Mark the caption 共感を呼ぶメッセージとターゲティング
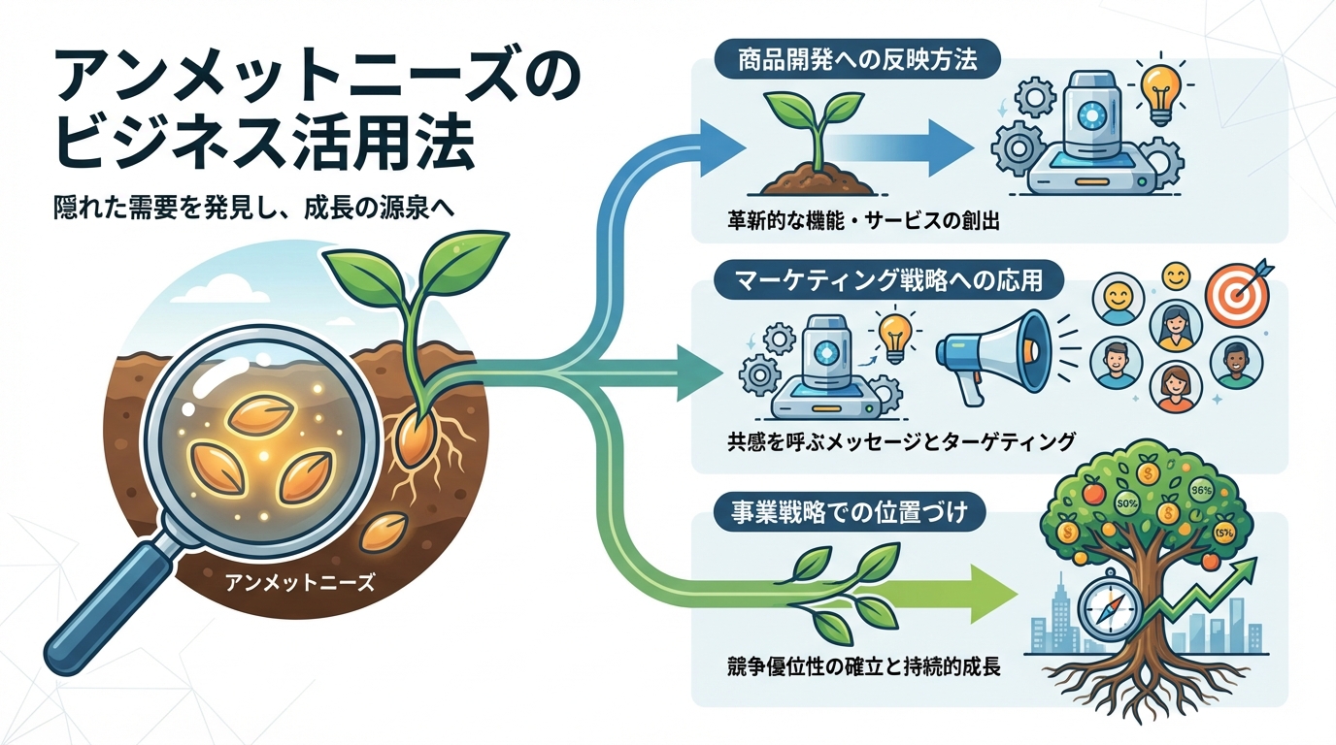pyautogui.click(x=900, y=441)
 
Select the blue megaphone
pyautogui.click(x=990, y=353)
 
